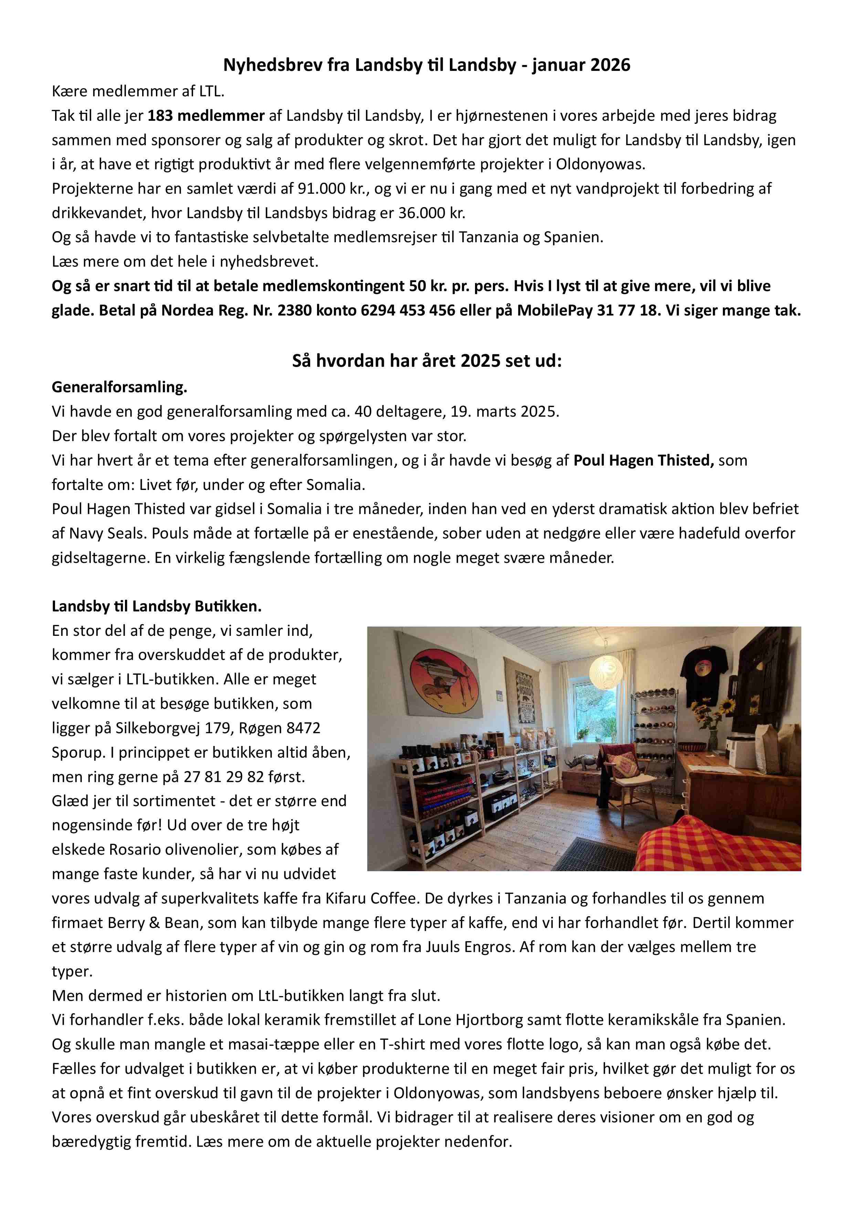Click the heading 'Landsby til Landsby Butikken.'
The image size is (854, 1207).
(x=157, y=607)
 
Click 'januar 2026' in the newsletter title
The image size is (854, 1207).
(x=581, y=65)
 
